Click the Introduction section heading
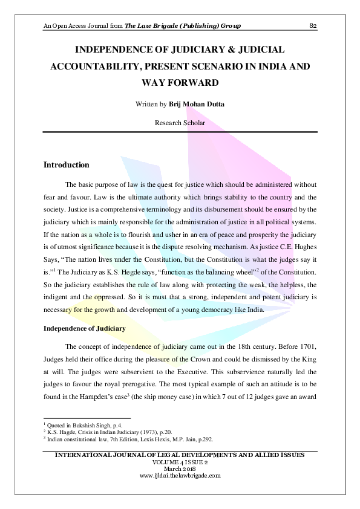pos(67,165)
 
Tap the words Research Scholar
pos(180,123)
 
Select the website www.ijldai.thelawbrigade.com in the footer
pos(180,475)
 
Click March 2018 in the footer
pos(180,469)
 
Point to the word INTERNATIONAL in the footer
pos(79,455)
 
